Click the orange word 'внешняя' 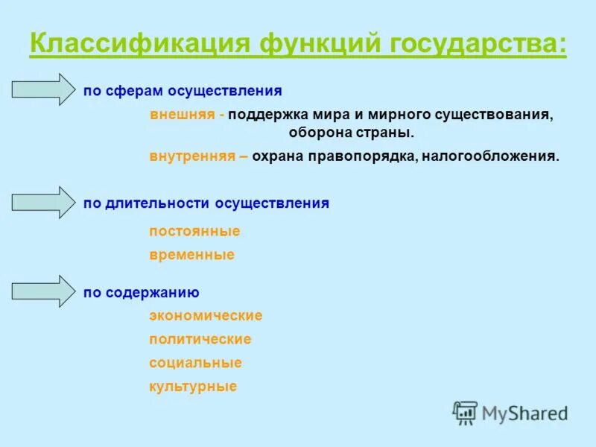183,115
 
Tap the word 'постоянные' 194,231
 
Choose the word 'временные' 191,255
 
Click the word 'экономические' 206,315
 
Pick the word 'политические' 200,339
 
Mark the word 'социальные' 195,363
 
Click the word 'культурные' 193,386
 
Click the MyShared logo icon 466,412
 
